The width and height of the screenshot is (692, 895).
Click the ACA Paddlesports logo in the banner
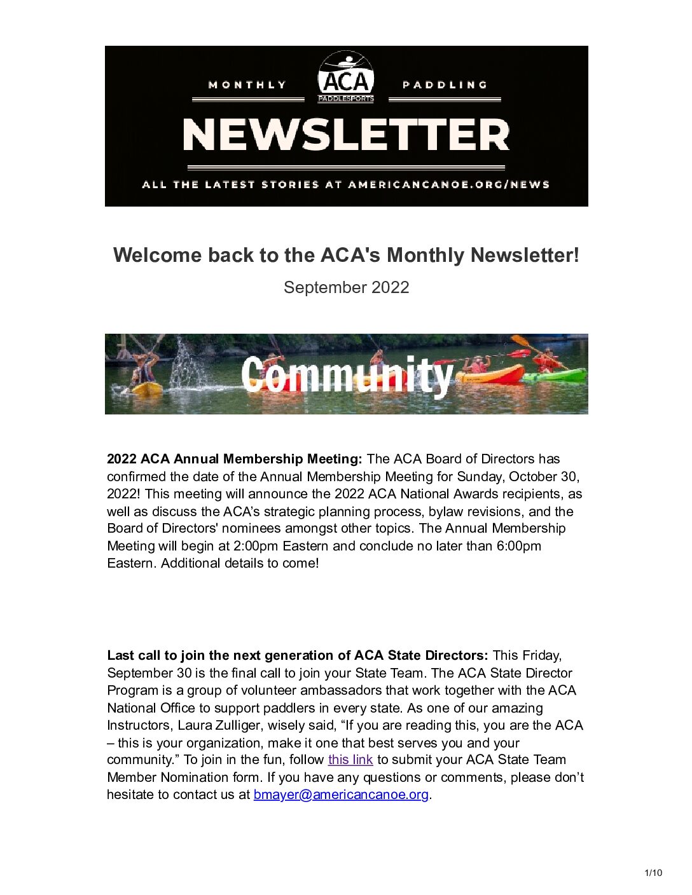pyautogui.click(x=345, y=77)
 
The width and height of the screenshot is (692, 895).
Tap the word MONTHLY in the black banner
pyautogui.click(x=247, y=85)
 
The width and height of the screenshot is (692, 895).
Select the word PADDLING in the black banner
pyautogui.click(x=445, y=85)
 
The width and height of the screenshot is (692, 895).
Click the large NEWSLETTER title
pyautogui.click(x=346, y=135)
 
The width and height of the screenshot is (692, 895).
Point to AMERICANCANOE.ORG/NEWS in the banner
pyautogui.click(x=448, y=185)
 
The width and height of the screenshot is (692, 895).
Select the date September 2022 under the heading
pyautogui.click(x=346, y=287)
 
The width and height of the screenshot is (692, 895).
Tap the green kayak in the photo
pyautogui.click(x=555, y=376)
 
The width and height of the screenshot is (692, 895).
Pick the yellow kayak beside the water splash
pyautogui.click(x=147, y=388)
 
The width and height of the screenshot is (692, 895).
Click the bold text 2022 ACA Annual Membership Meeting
pyautogui.click(x=234, y=459)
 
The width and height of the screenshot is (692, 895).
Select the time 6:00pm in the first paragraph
pyautogui.click(x=518, y=546)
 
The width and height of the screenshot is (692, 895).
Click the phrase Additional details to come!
pyautogui.click(x=240, y=563)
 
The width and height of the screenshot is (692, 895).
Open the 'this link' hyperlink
pyautogui.click(x=350, y=760)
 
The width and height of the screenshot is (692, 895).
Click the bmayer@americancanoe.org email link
pyautogui.click(x=341, y=795)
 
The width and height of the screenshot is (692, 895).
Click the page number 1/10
pyautogui.click(x=653, y=873)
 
